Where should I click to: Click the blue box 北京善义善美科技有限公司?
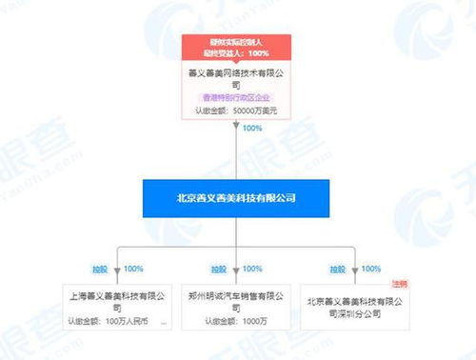click(x=237, y=198)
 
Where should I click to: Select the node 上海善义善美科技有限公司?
click(x=116, y=302)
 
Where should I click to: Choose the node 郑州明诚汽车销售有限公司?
click(x=237, y=302)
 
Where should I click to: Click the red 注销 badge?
click(x=399, y=284)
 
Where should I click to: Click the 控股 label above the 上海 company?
click(x=100, y=270)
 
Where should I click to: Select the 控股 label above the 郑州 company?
click(x=218, y=270)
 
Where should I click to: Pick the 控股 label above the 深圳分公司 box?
click(x=337, y=270)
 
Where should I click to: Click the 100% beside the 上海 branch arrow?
click(x=133, y=270)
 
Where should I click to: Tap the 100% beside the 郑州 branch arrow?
click(x=252, y=270)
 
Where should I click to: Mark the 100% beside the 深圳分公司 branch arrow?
click(x=371, y=270)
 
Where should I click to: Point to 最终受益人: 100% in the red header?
click(x=237, y=52)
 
